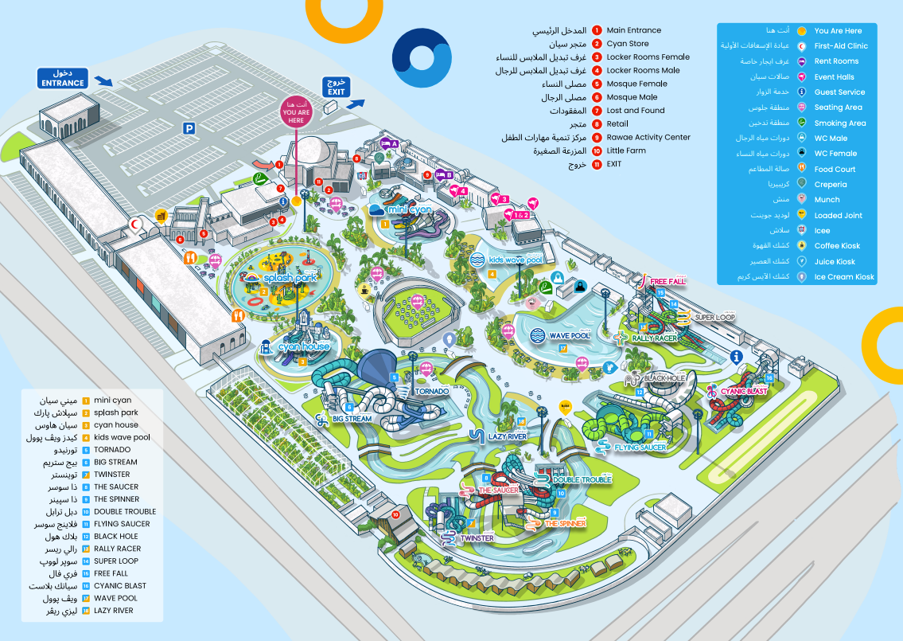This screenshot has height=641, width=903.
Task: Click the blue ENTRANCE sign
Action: click(63, 78)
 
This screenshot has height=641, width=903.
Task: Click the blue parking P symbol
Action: click(189, 127)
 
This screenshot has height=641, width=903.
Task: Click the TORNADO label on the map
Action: click(431, 392)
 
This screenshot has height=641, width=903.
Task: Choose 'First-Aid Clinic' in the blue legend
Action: click(840, 46)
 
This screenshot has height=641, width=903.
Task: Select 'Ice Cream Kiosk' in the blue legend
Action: click(843, 277)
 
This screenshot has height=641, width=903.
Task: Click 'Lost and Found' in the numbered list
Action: click(635, 111)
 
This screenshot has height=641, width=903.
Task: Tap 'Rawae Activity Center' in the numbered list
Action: click(648, 137)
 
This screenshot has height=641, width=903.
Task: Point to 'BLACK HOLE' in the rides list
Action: click(115, 537)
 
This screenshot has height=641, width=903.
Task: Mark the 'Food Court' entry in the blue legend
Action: click(835, 169)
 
